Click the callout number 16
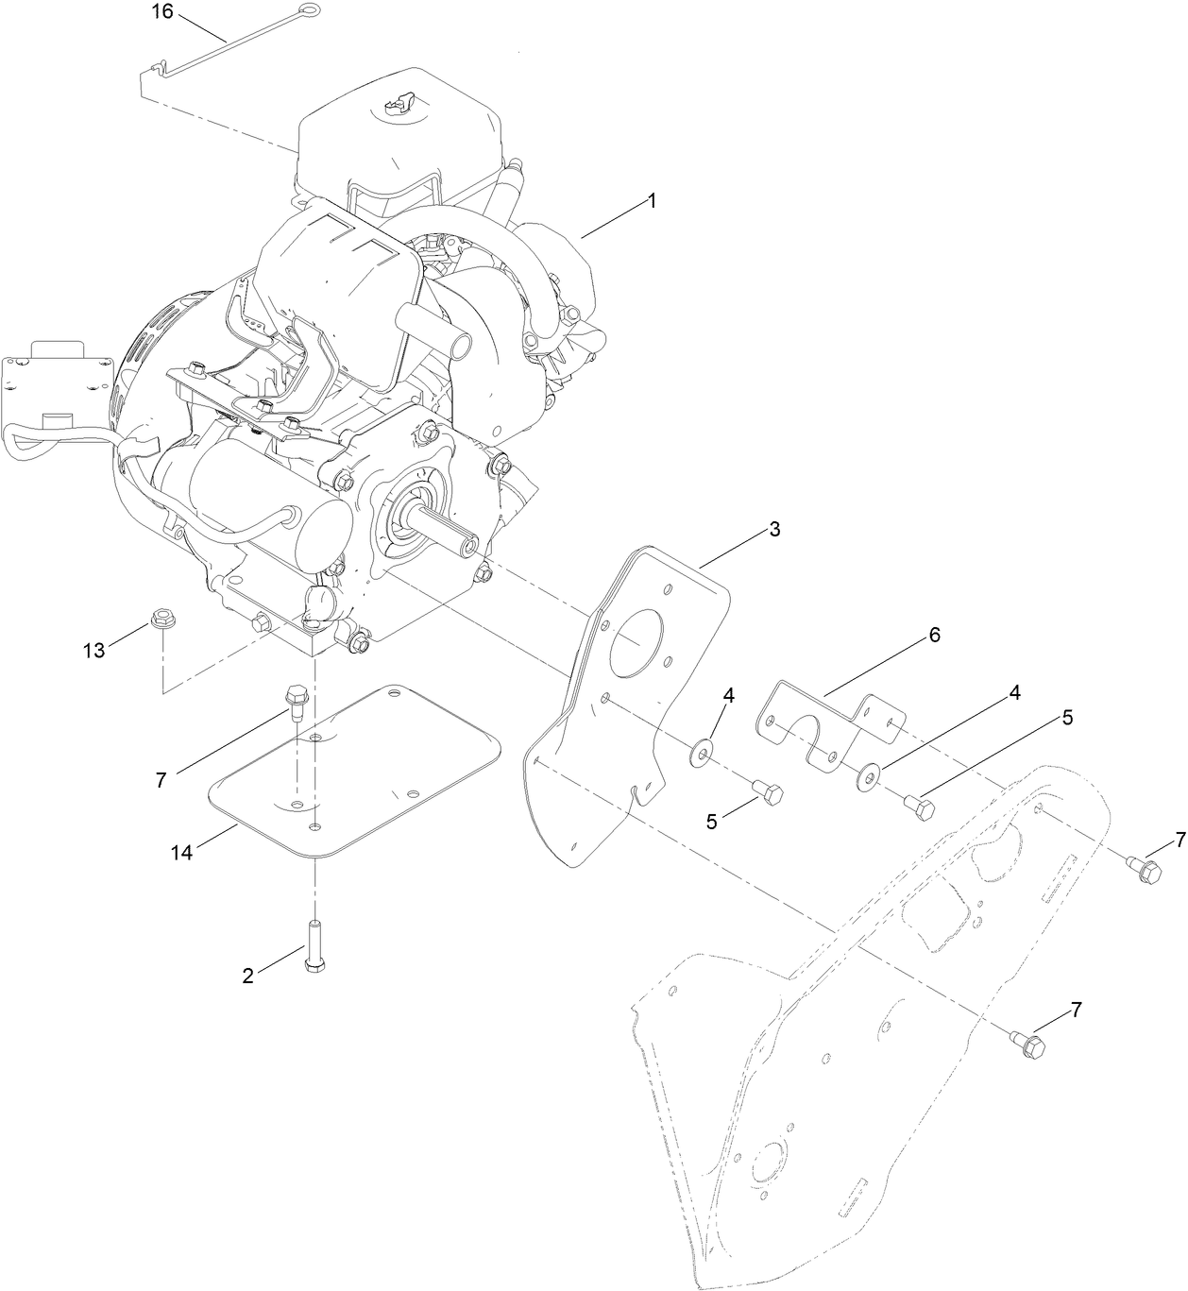coord(163,11)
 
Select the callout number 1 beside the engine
coord(652,200)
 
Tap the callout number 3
coord(774,529)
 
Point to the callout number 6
coord(934,635)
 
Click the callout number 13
coord(93,650)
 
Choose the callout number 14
coord(181,852)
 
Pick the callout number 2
coord(247,977)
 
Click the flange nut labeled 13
coord(161,622)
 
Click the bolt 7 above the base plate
coord(294,701)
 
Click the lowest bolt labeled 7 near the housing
coord(1034,1046)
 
